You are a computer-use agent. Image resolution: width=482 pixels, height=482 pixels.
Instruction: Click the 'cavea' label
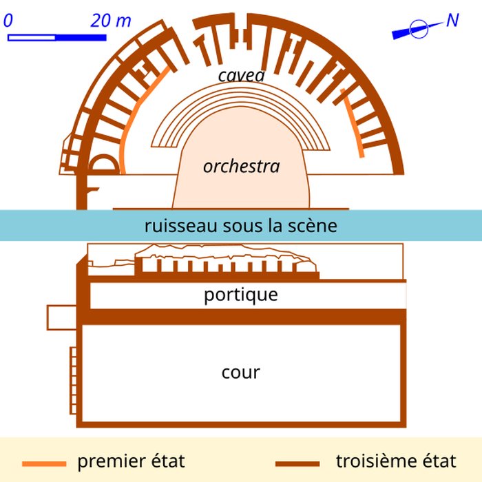[241, 75]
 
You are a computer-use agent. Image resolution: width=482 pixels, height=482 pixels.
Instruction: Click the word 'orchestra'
[241, 167]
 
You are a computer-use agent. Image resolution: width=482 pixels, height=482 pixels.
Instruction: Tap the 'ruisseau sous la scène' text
[241, 226]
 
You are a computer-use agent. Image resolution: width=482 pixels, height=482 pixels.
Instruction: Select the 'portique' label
[241, 295]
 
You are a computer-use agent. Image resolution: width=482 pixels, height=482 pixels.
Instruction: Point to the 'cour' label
[241, 373]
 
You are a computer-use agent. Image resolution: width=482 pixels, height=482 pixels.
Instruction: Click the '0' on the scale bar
[8, 21]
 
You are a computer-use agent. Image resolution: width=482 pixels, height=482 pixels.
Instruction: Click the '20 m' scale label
[110, 21]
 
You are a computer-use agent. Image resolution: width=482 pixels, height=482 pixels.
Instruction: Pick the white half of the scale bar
[32, 36]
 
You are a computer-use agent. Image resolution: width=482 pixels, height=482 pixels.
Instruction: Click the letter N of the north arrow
[452, 21]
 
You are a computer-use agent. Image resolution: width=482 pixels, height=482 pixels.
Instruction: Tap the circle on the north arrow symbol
[417, 29]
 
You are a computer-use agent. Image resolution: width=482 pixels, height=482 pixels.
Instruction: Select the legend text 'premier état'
[131, 461]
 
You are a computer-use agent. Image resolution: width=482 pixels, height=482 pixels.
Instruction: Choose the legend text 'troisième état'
[396, 461]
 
